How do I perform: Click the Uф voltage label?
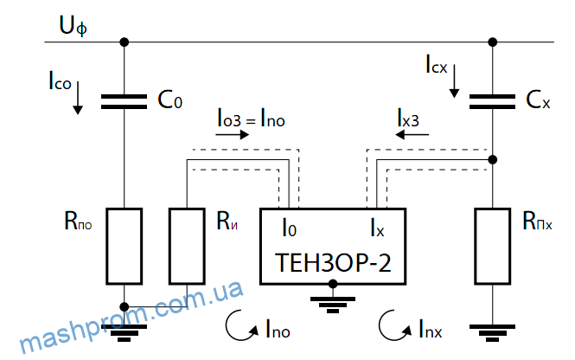pyautogui.click(x=73, y=27)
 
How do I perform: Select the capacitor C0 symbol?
pyautogui.click(x=124, y=101)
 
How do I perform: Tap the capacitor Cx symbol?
pyautogui.click(x=493, y=101)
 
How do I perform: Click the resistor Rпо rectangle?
pyautogui.click(x=125, y=247)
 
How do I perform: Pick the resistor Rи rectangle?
pyautogui.click(x=187, y=247)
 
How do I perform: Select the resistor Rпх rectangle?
pyautogui.click(x=493, y=247)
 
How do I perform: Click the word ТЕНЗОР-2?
pyautogui.click(x=333, y=262)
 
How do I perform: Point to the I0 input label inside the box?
pyautogui.click(x=290, y=228)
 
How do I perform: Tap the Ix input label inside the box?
pyautogui.click(x=377, y=228)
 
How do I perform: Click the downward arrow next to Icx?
pyautogui.click(x=454, y=81)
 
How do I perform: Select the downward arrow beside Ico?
pyautogui.click(x=77, y=98)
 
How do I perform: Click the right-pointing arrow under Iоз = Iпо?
pyautogui.click(x=232, y=135)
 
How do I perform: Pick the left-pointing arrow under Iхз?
pyautogui.click(x=412, y=135)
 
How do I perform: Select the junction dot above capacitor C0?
pyautogui.click(x=125, y=42)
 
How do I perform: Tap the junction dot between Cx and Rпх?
pyautogui.click(x=493, y=159)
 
